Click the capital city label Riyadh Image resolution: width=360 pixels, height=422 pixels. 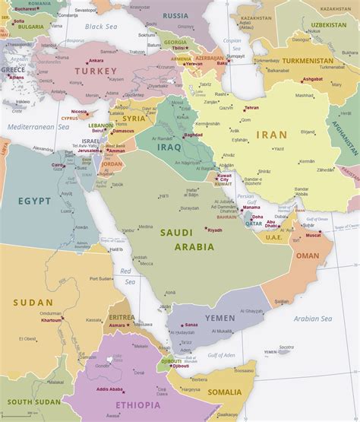click(x=215, y=230)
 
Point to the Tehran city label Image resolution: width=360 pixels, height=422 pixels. click(x=251, y=108)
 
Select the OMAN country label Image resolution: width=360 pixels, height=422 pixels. click(x=308, y=255)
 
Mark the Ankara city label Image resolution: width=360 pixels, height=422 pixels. click(x=96, y=60)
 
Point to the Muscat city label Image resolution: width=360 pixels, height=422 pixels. click(x=314, y=236)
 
